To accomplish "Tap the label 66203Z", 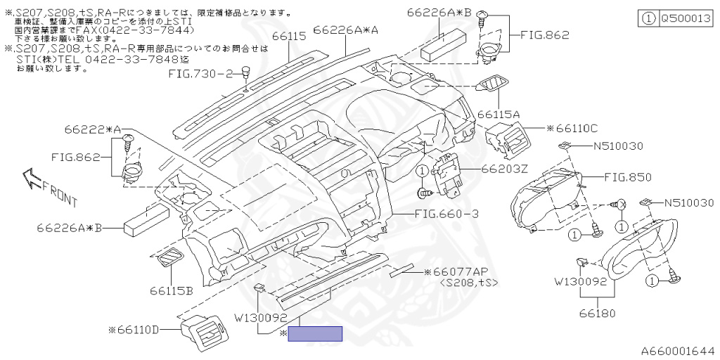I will [x=504, y=169].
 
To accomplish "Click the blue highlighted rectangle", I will [x=315, y=333].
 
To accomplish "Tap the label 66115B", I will [x=170, y=290].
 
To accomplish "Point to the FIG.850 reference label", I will [x=626, y=177].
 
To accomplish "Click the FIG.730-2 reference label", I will [x=200, y=73].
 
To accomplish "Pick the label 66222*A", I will [x=93, y=130].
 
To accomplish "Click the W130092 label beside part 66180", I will [x=580, y=283].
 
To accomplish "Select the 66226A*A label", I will [x=346, y=30].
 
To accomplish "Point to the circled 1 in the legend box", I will [x=648, y=20].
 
